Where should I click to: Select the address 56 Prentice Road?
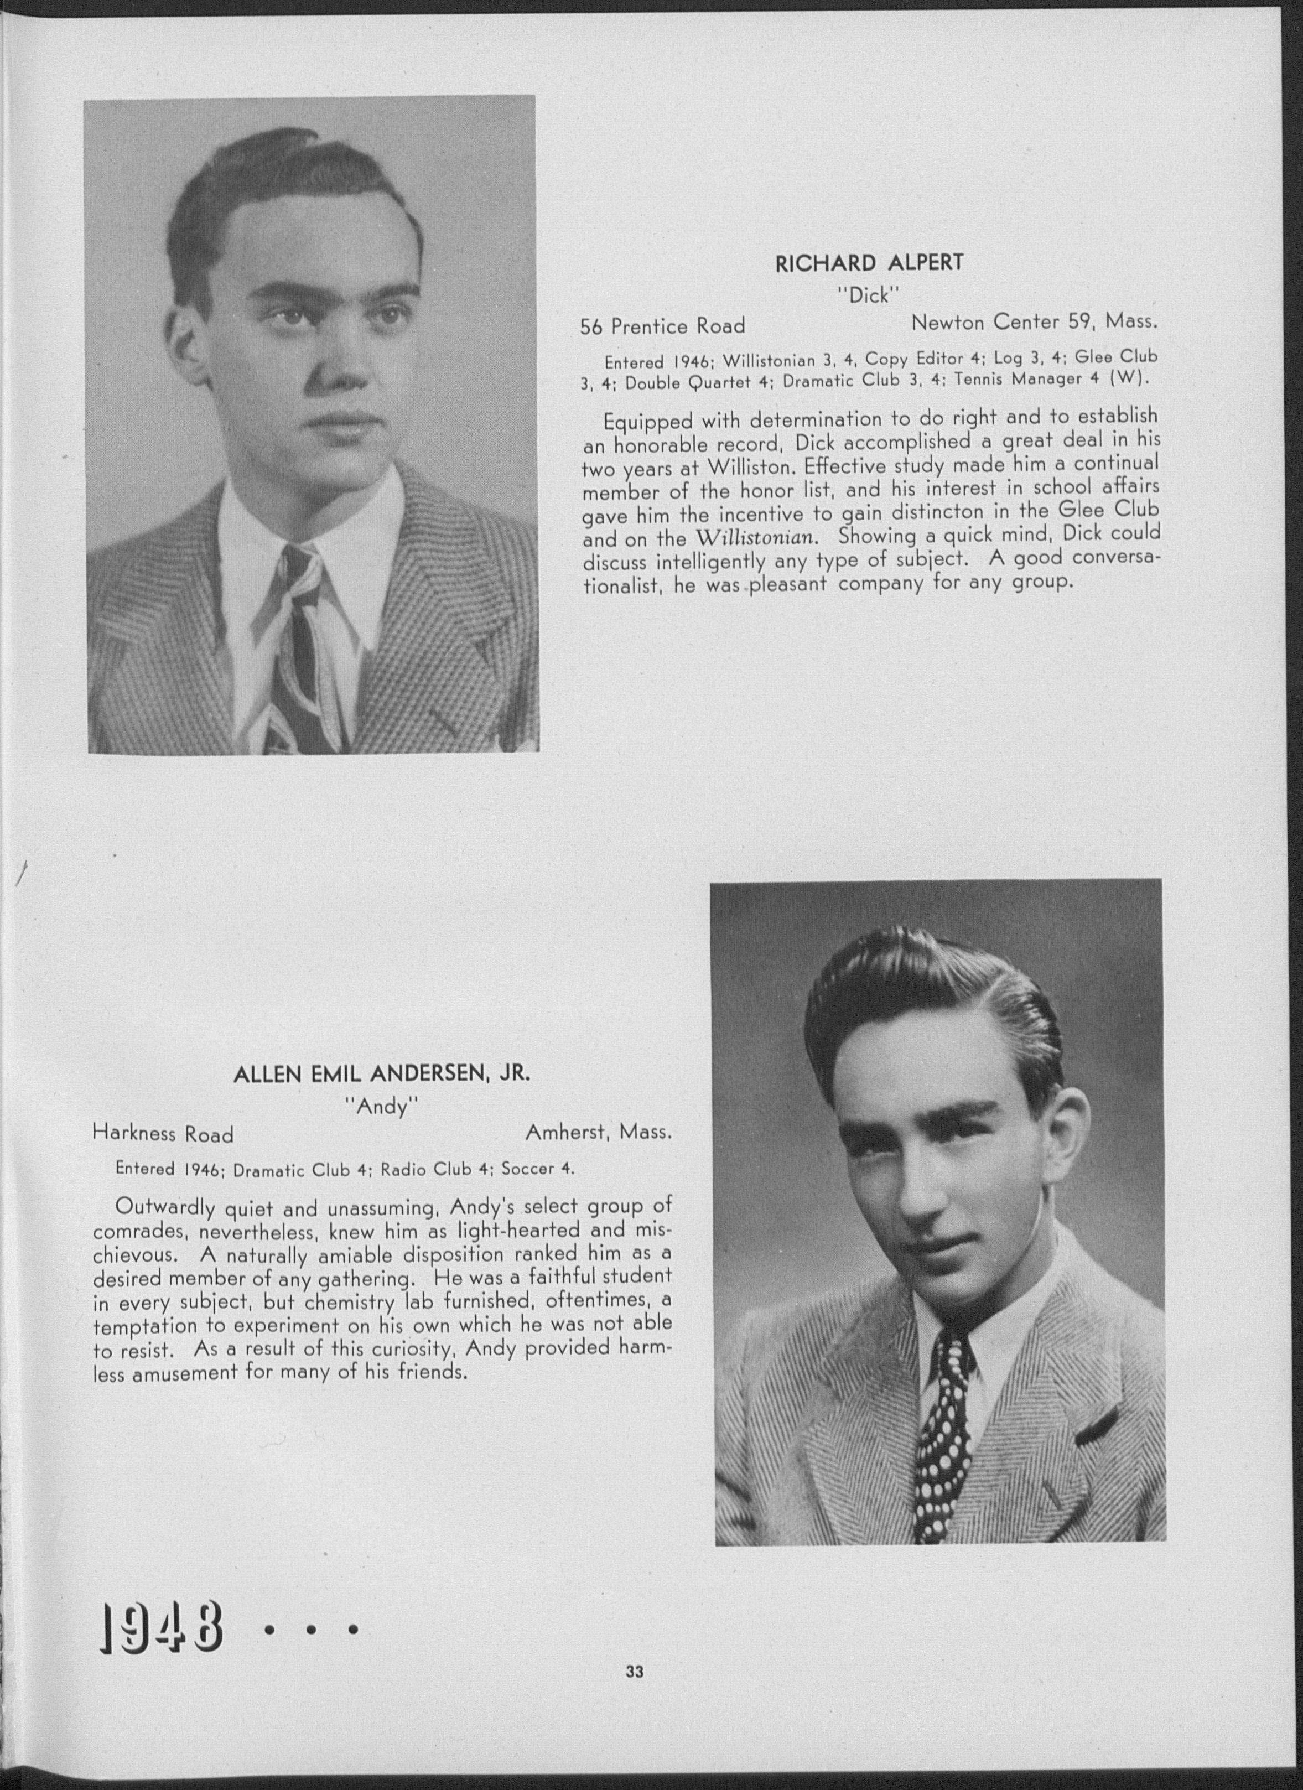pos(662,326)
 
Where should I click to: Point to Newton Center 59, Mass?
pos(1034,322)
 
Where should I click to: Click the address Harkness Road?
pos(163,1134)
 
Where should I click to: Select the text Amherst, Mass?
pos(598,1133)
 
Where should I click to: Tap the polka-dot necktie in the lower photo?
pos(944,1420)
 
